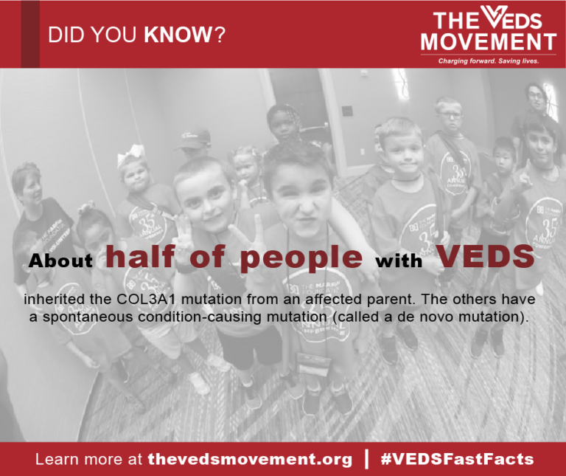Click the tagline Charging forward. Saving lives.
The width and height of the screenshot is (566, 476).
coord(489,61)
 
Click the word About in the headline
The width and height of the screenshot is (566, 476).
coord(61,261)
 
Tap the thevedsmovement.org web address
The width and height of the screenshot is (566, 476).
coord(250,459)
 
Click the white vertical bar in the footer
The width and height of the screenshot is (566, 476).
coord(366,458)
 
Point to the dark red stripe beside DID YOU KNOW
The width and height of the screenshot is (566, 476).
coord(30,34)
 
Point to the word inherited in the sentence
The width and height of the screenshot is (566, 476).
coord(52,302)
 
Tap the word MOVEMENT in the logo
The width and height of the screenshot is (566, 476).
coord(488,41)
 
